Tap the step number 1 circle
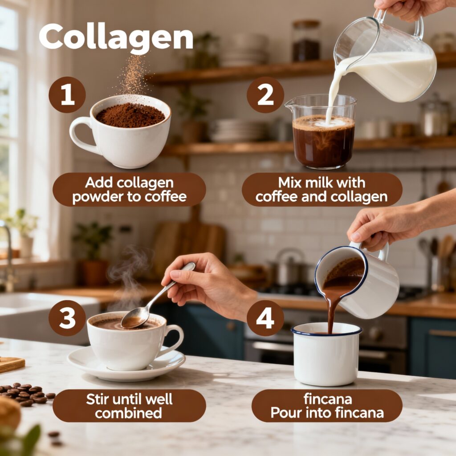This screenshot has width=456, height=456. (x=67, y=95)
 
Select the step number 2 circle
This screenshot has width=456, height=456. (x=265, y=95)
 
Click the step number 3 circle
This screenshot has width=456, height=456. (x=67, y=318)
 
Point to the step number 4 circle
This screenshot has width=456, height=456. (x=265, y=318)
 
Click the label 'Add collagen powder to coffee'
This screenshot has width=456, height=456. (x=129, y=190)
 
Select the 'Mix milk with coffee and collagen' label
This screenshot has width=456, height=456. (x=322, y=190)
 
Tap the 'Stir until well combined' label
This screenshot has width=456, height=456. (x=129, y=406)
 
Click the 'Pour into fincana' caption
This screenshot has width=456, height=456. (x=327, y=413)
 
